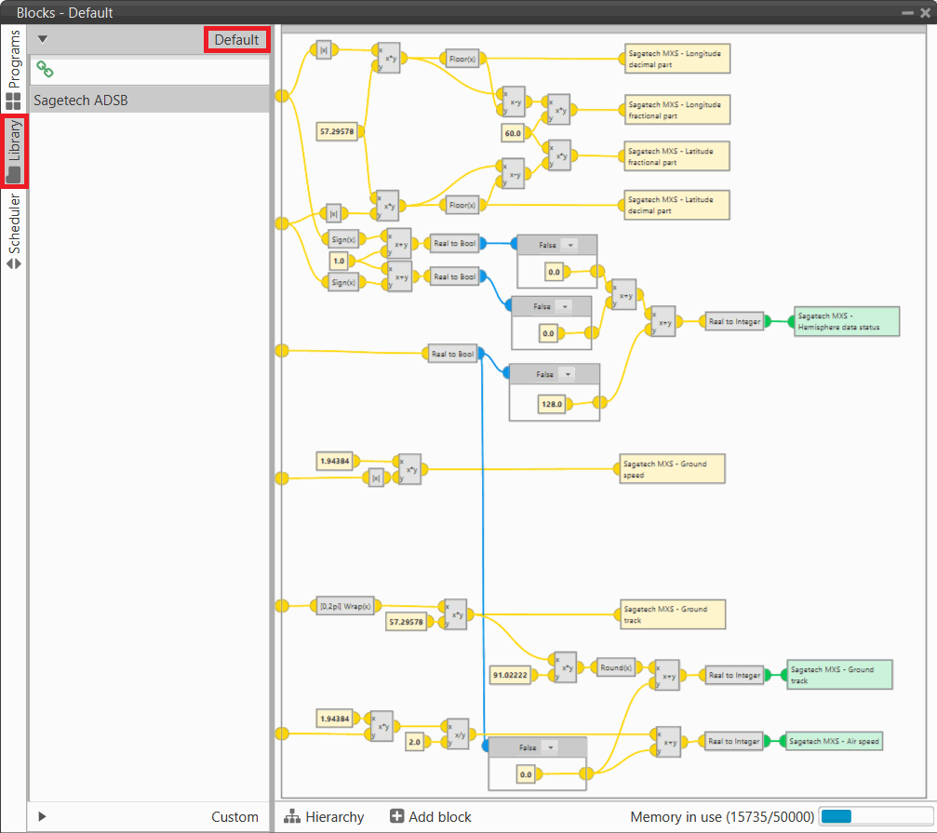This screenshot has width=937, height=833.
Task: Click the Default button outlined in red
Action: click(x=236, y=40)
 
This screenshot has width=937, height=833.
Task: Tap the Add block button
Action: click(x=431, y=816)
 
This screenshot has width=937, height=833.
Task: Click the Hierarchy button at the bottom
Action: click(x=325, y=816)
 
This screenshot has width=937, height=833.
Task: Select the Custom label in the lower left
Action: click(x=234, y=816)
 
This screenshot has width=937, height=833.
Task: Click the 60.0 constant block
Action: click(x=513, y=132)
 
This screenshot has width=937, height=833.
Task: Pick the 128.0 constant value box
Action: click(x=553, y=404)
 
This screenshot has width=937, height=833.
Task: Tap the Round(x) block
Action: click(x=615, y=667)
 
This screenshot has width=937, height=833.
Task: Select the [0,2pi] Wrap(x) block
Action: click(x=344, y=606)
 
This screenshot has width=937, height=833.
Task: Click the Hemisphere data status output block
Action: click(x=847, y=321)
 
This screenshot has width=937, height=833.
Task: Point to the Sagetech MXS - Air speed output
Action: click(x=834, y=741)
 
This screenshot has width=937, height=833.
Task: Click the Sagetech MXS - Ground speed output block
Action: click(x=672, y=469)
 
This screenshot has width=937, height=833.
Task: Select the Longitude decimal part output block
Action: click(x=677, y=59)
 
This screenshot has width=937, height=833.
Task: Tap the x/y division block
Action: click(x=457, y=733)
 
